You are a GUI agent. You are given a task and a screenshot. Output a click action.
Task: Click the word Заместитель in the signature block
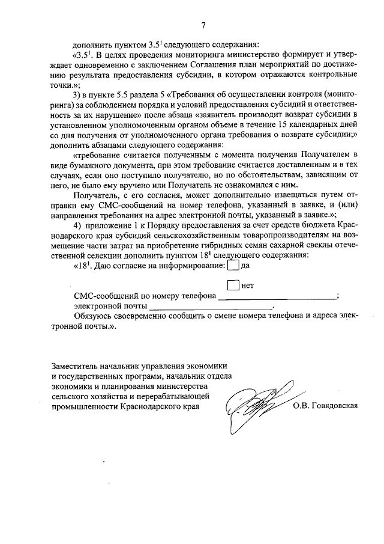click(x=74, y=366)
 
